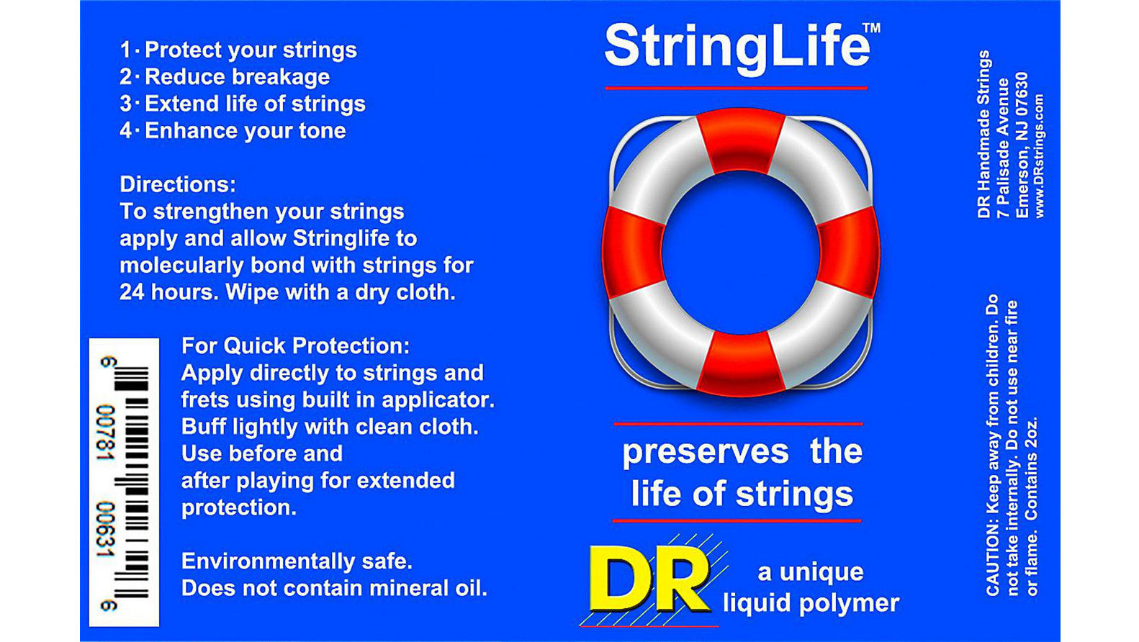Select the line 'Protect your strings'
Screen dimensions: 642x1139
[250, 50]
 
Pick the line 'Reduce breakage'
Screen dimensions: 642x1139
[237, 77]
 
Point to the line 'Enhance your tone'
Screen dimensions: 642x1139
[245, 131]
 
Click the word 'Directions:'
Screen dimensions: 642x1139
[178, 184]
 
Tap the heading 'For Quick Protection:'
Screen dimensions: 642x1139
[295, 345]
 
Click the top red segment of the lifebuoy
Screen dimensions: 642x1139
[741, 139]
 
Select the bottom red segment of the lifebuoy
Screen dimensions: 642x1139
[741, 363]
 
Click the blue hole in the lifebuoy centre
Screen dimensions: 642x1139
[741, 252]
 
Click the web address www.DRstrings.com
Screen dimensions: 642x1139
[1039, 156]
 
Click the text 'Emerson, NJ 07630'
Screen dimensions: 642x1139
[1022, 144]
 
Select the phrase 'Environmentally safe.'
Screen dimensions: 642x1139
[297, 561]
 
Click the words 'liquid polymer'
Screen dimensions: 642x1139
[811, 603]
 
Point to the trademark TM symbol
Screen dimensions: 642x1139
[871, 28]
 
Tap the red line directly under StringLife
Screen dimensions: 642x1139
[736, 88]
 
